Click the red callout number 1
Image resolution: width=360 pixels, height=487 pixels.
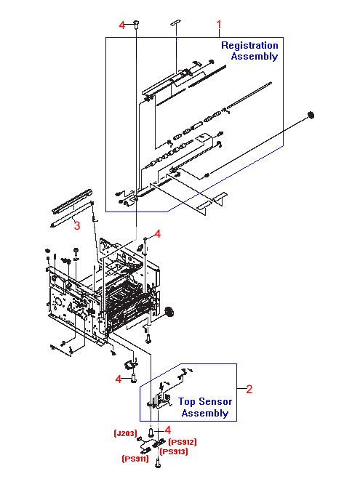click(219, 24)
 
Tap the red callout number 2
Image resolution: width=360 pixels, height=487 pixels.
click(249, 389)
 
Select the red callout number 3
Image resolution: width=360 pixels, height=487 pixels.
click(77, 225)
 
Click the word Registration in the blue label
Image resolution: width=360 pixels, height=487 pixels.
click(249, 45)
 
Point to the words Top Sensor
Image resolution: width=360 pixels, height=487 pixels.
click(205, 401)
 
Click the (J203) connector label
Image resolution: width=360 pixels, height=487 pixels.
click(125, 433)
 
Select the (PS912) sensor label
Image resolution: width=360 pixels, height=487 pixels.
click(183, 442)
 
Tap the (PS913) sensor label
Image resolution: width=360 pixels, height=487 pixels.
click(174, 451)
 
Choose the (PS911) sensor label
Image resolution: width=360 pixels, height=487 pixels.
click(135, 459)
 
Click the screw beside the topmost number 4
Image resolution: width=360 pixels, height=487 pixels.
click(136, 24)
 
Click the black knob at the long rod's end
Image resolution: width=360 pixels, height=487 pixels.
click(311, 116)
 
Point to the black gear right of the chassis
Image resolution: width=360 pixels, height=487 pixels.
click(169, 312)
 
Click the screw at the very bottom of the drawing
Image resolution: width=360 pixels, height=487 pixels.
click(158, 464)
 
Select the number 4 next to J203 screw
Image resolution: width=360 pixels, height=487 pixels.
click(167, 430)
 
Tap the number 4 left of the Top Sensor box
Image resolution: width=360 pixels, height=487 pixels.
click(118, 379)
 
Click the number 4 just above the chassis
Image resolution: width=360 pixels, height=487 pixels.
click(158, 234)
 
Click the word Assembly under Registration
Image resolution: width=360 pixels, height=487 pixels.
click(255, 56)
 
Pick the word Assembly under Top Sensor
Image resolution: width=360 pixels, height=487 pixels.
click(205, 413)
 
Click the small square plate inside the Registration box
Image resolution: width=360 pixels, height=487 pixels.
click(203, 137)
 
